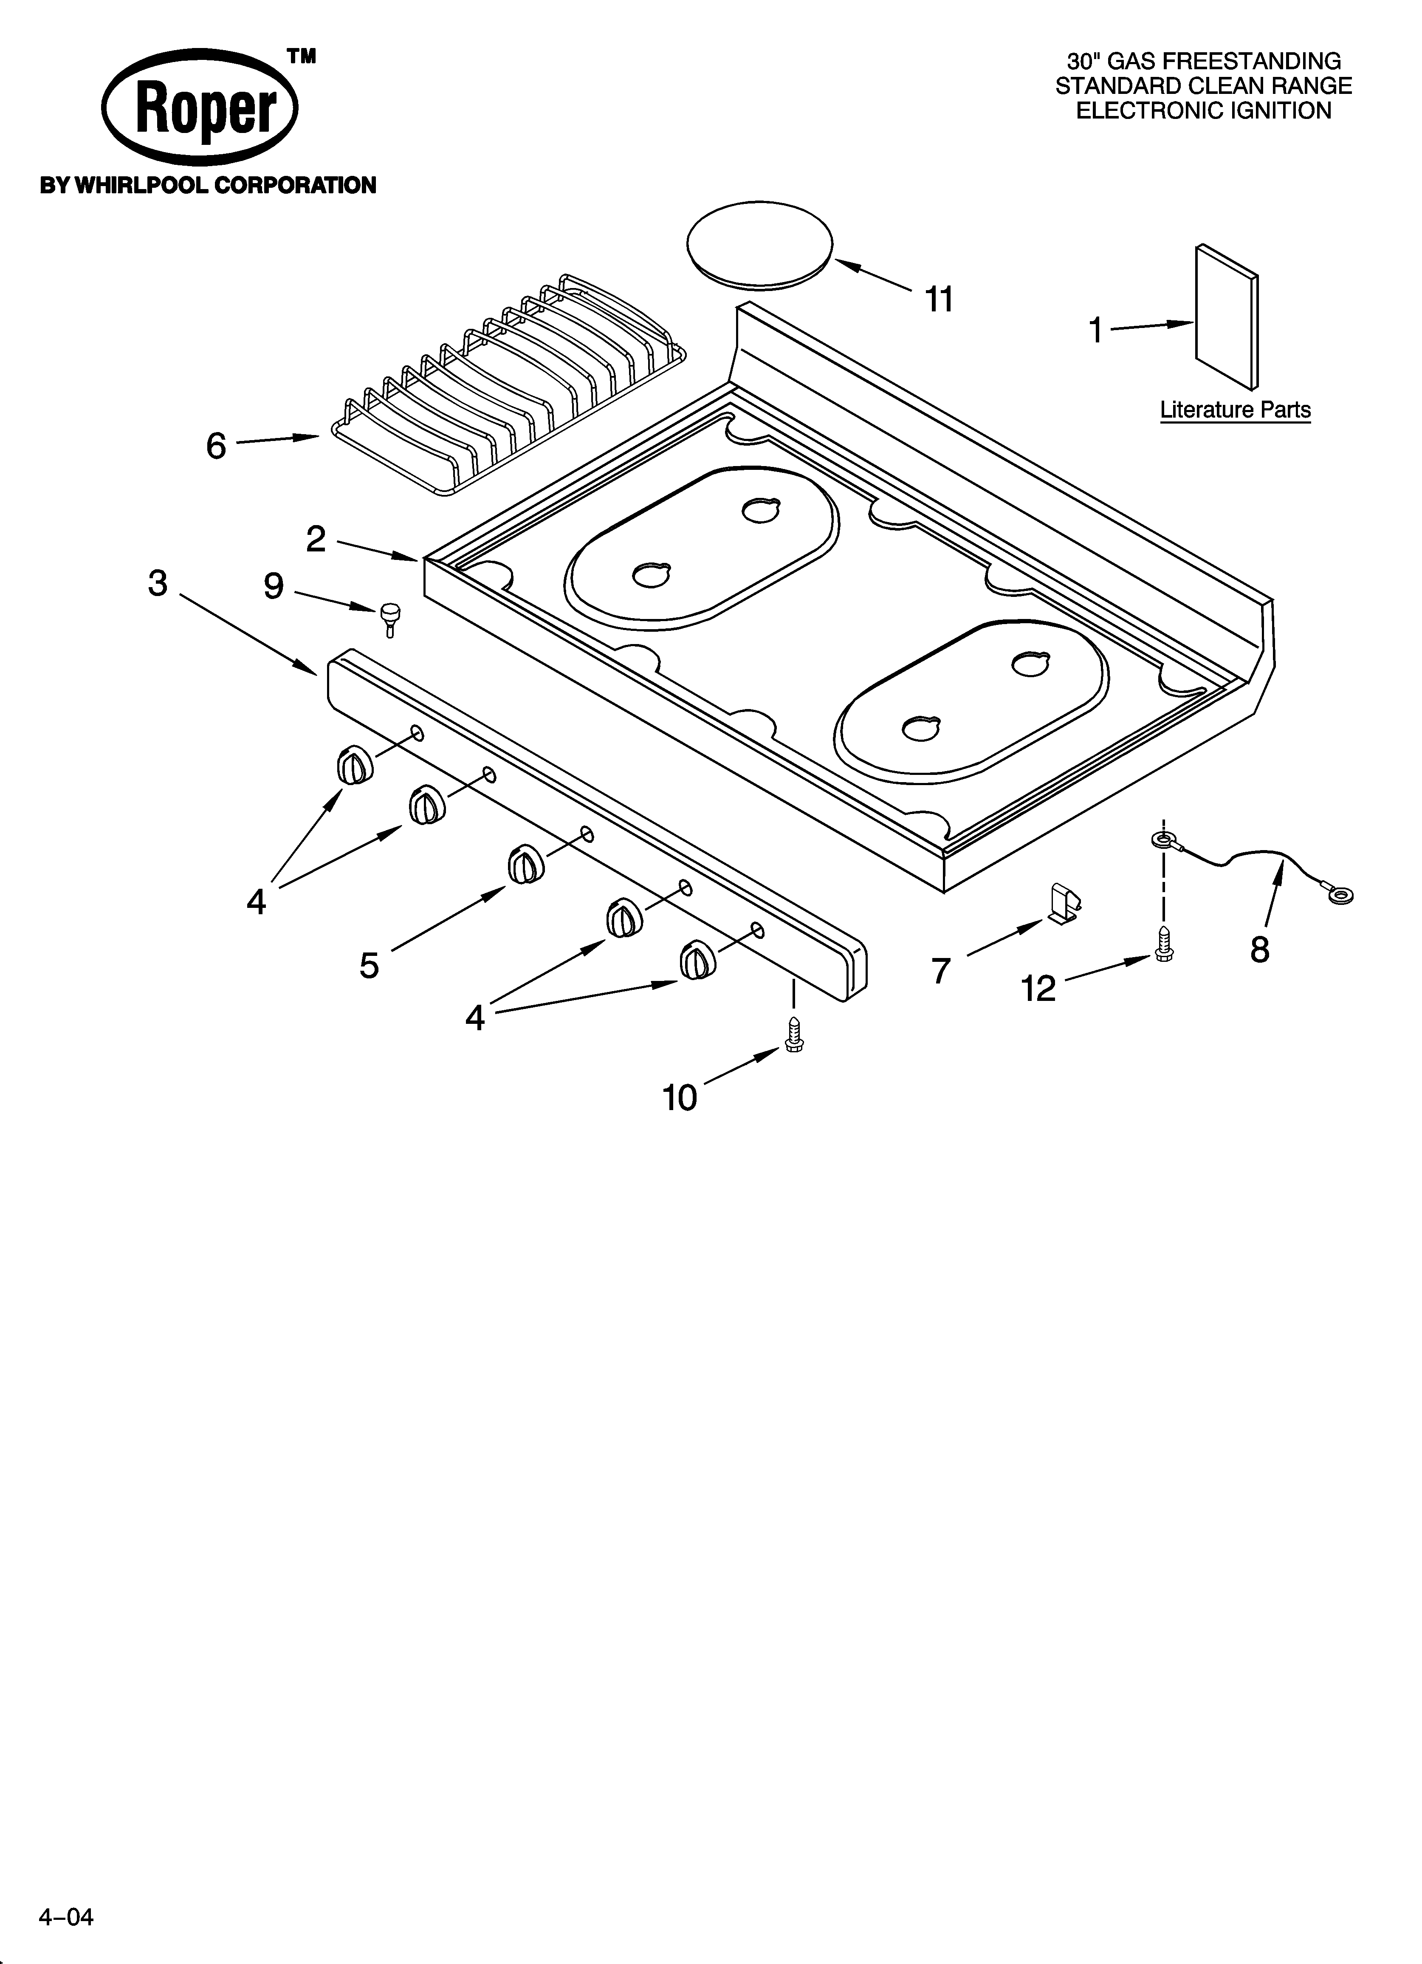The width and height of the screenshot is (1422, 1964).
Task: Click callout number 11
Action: tap(939, 300)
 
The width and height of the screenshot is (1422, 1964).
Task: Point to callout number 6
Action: tap(216, 446)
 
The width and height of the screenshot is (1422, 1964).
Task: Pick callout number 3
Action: tap(158, 584)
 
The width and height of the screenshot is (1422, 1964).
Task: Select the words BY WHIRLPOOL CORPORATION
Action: tap(208, 185)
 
